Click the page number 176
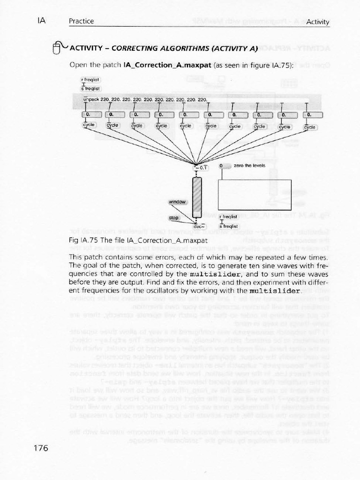(41, 449)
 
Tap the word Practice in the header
(81, 21)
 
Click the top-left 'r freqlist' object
(90, 79)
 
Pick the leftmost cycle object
(89, 126)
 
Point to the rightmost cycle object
(310, 127)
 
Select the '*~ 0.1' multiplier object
(201, 167)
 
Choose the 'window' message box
(178, 202)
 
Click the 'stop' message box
(174, 218)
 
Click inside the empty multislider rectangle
(255, 194)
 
